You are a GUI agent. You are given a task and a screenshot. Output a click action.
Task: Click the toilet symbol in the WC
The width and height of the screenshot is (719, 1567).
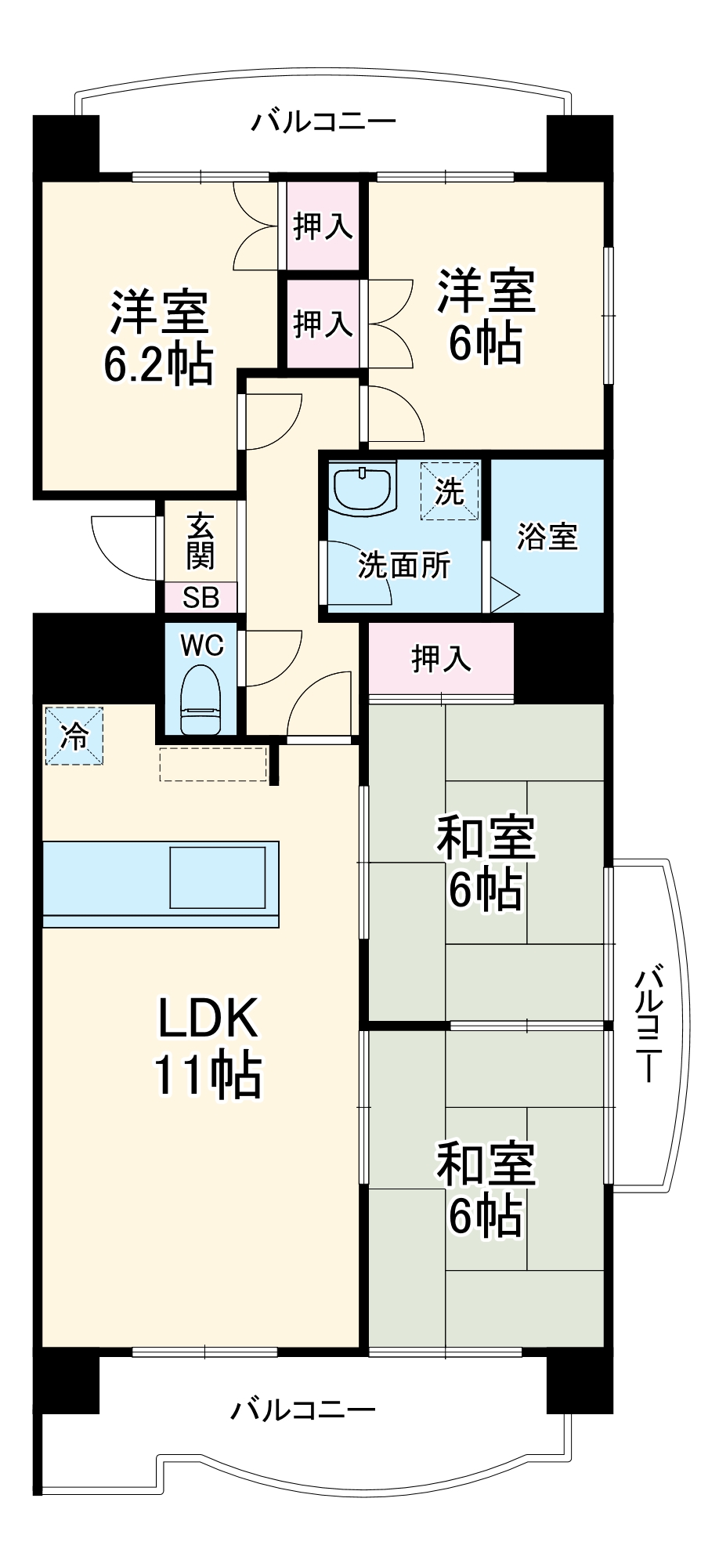coord(201,699)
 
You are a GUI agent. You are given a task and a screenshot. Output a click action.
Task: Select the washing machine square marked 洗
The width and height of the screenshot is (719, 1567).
coord(450,491)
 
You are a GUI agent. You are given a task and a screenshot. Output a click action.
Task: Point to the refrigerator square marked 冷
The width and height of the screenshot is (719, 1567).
coord(74,736)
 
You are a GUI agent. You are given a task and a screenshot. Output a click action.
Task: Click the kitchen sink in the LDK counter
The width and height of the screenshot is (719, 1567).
coord(218,877)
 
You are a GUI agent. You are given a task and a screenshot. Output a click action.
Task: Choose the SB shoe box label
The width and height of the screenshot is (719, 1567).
coord(201,598)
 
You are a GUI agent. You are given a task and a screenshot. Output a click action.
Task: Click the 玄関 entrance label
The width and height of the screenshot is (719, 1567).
coord(201,541)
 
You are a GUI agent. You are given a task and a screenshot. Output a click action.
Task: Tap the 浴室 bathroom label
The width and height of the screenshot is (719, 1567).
coord(547,537)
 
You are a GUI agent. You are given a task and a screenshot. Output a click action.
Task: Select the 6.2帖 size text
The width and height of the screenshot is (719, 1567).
coord(159,363)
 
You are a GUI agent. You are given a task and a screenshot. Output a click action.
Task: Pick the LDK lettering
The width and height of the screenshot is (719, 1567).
coord(208,1018)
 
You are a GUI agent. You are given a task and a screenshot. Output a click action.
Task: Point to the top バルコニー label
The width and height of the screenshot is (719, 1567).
coord(323,122)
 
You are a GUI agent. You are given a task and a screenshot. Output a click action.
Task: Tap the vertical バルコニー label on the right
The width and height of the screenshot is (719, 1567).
coord(649,1025)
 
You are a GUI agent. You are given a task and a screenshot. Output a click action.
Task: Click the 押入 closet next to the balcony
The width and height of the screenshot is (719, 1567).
coord(323,226)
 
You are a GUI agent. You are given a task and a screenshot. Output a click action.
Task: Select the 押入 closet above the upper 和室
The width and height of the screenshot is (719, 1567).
coord(441,658)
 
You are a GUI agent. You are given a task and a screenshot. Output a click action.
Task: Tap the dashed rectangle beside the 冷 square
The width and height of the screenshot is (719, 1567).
coord(213,764)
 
